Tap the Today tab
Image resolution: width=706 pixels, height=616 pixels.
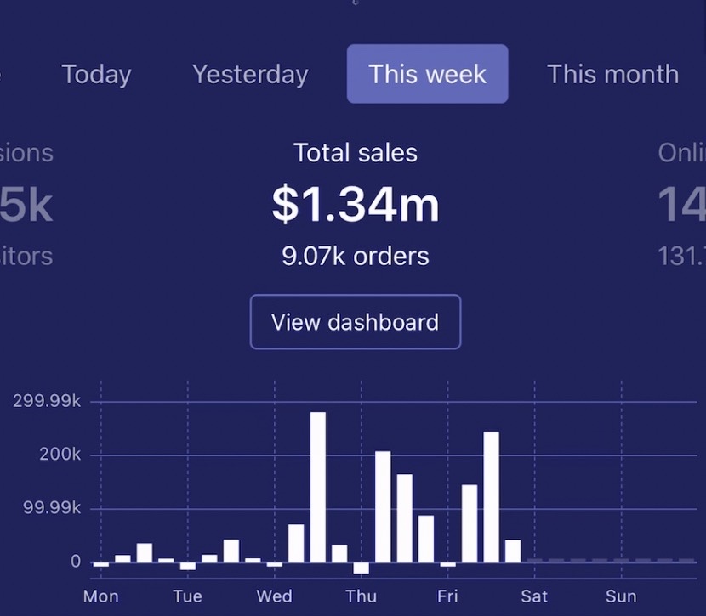96,74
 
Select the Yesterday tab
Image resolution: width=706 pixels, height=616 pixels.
250,74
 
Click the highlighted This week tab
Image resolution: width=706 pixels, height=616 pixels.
427,74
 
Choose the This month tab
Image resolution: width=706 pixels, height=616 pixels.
612,74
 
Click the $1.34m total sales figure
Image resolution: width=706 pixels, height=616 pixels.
356,205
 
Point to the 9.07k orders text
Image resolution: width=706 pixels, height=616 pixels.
356,256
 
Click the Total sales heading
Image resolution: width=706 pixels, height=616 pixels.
356,153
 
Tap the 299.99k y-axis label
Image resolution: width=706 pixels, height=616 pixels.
47,402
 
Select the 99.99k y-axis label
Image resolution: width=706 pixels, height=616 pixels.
53,508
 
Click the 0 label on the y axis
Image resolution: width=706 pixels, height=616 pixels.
76,562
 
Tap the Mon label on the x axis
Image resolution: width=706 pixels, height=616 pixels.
100,596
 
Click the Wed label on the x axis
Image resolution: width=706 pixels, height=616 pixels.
274,596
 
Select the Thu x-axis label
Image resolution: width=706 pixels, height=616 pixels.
361,596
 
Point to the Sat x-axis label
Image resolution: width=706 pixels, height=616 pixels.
534,596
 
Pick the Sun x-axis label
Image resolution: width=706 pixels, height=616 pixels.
621,596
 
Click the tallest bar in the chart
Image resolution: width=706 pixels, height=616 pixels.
318,487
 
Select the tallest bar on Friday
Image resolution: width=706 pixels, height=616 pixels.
491,497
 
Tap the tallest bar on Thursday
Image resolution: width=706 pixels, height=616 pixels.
383,506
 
